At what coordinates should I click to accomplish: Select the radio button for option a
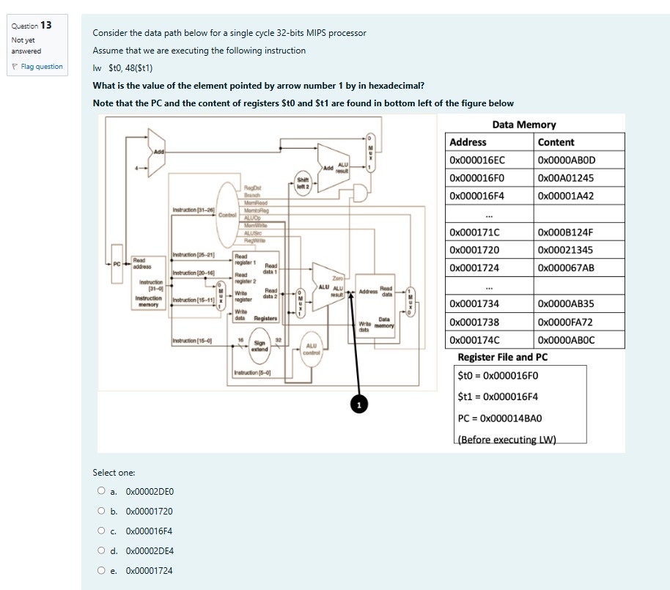coord(100,492)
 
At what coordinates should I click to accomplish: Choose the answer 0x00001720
coord(100,512)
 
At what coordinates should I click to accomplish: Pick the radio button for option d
coord(100,551)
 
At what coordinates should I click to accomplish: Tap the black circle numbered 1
coord(359,405)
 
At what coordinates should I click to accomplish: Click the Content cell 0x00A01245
coord(565,178)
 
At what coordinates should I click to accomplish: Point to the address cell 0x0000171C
coord(477,232)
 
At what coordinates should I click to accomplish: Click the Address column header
coord(468,142)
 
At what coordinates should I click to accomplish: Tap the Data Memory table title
coord(524,125)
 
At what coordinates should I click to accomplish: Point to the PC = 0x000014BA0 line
coord(499,418)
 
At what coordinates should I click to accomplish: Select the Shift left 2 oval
coord(302,182)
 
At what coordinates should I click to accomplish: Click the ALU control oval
coord(311,349)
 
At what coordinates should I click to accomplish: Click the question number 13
coord(45,25)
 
